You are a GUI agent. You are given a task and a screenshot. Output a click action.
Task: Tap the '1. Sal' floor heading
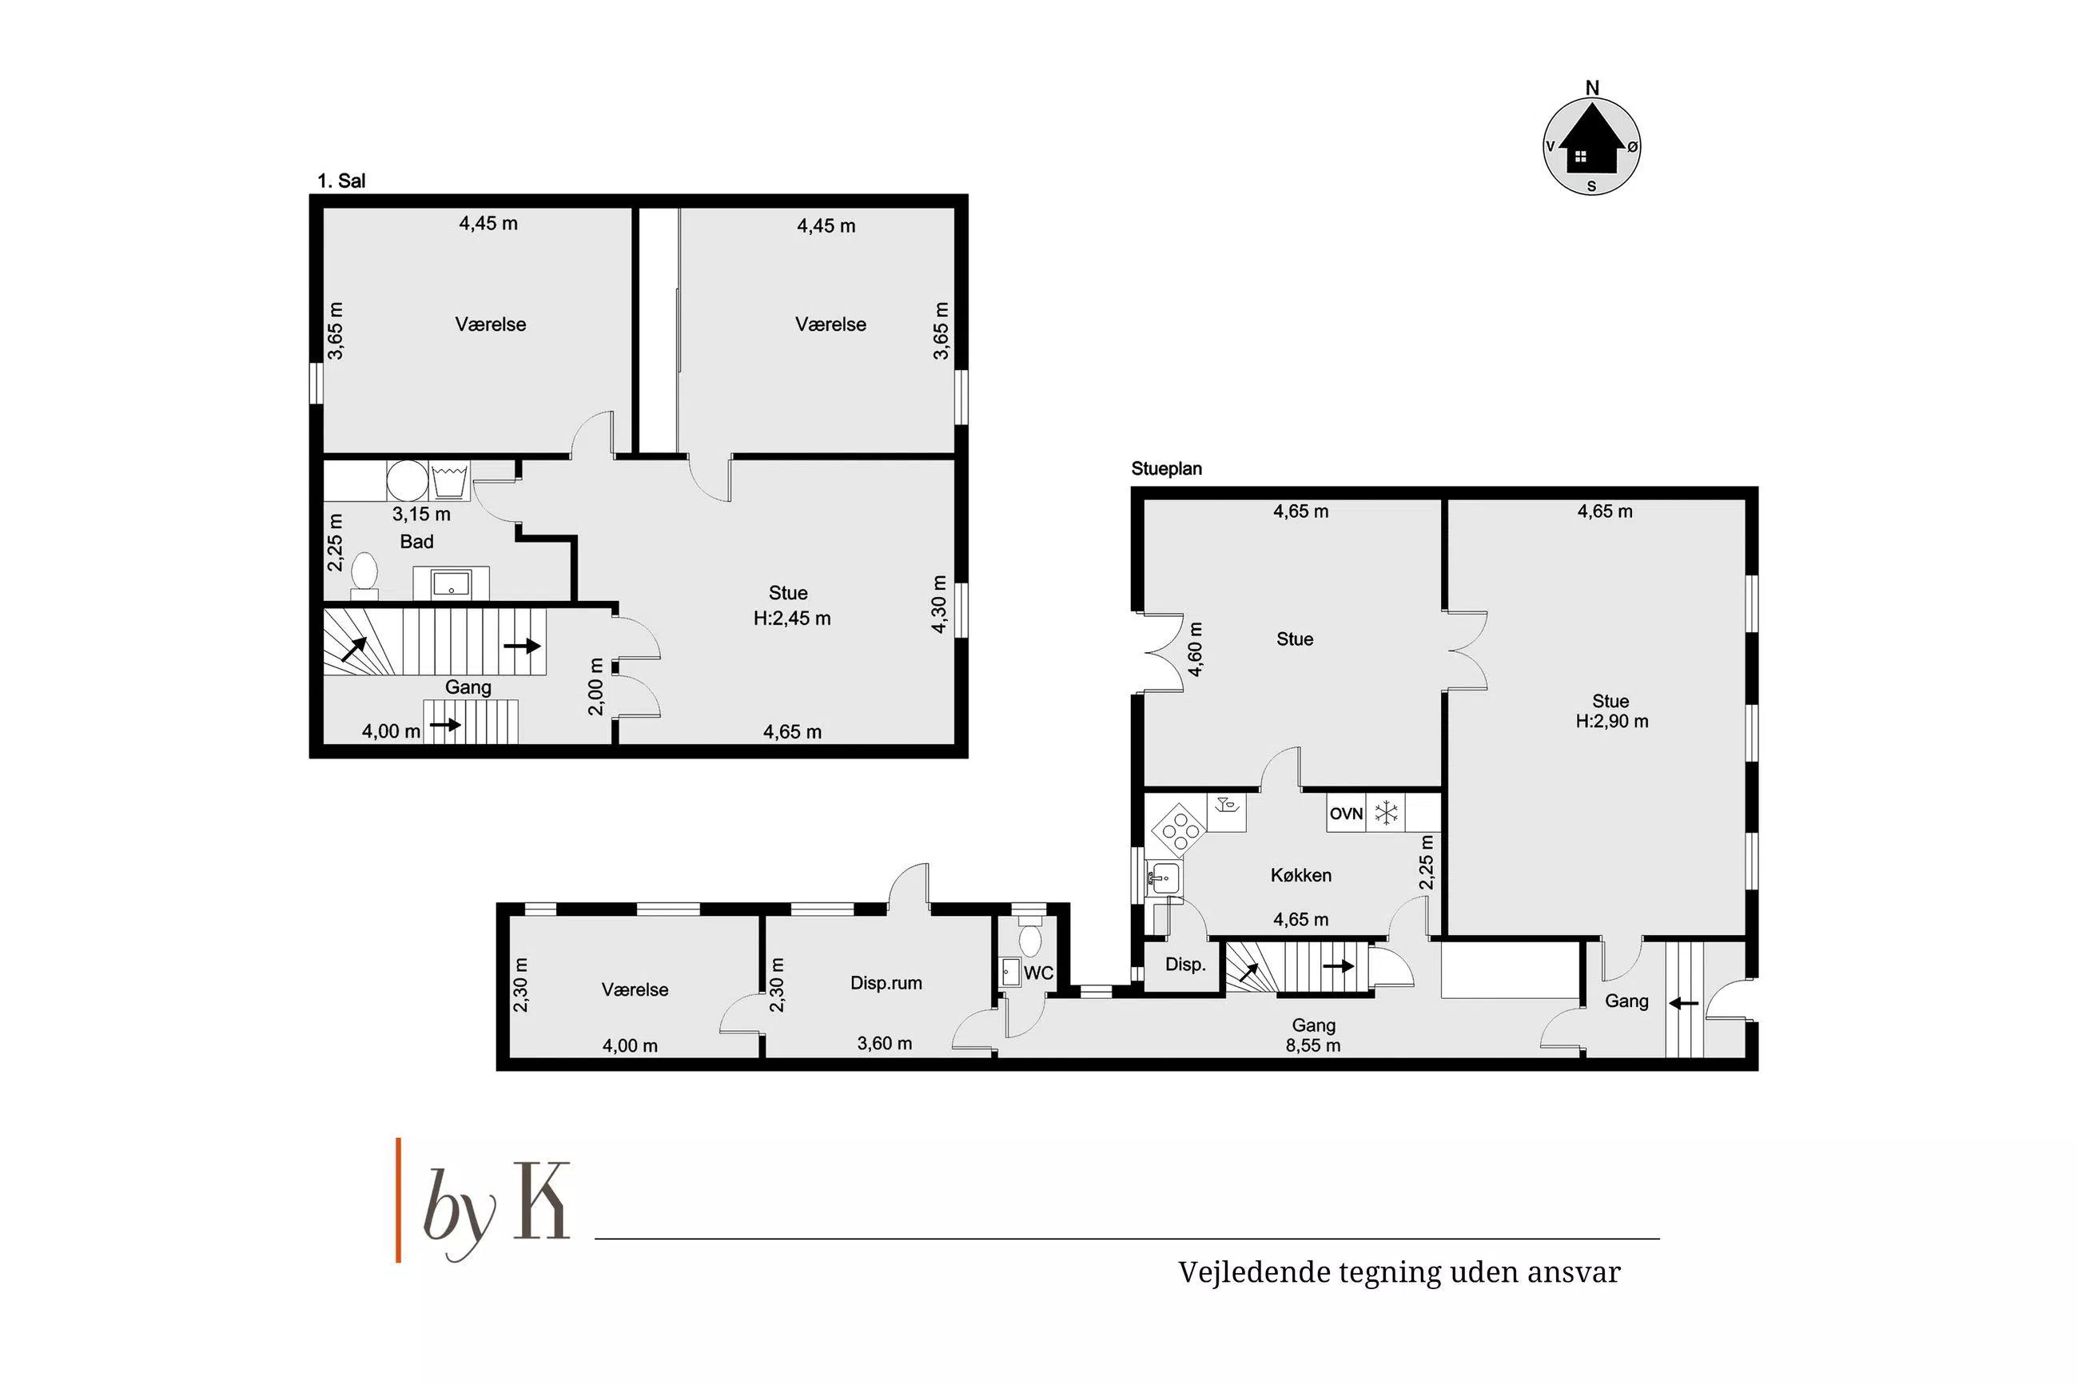(x=341, y=181)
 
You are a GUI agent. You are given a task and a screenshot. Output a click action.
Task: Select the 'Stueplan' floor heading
(x=1166, y=469)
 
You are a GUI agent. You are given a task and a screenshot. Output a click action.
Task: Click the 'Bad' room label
(x=417, y=542)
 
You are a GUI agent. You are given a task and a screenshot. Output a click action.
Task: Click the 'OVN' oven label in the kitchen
(x=1346, y=814)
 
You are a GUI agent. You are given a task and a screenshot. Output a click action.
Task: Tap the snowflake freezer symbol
(x=1387, y=814)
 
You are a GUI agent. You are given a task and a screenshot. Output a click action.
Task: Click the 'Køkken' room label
(x=1301, y=875)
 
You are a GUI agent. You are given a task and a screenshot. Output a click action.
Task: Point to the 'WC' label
(x=1037, y=973)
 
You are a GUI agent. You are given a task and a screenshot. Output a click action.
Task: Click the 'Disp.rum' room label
(x=886, y=983)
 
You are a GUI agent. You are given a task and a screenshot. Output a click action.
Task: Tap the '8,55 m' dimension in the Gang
(x=1313, y=1046)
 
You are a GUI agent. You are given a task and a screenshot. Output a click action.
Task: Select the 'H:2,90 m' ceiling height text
(x=1612, y=722)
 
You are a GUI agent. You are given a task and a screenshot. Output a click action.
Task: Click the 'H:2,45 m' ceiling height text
(x=792, y=619)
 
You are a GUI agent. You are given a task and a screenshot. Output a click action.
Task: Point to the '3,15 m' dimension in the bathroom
(x=421, y=514)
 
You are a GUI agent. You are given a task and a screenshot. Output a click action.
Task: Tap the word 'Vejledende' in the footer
(x=1254, y=1273)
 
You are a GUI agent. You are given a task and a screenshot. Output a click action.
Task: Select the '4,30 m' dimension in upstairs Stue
(x=939, y=604)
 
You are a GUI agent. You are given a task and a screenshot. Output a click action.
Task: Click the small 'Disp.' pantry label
(x=1185, y=965)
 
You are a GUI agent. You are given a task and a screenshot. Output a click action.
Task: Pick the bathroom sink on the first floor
(x=452, y=583)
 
